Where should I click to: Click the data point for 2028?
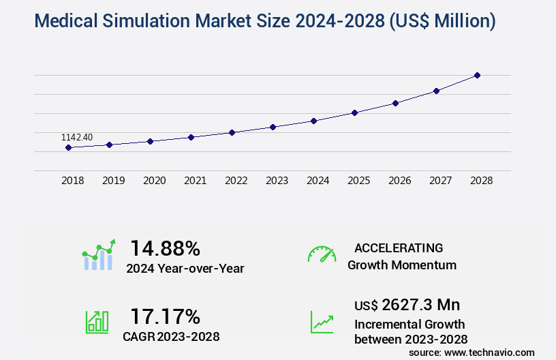[x=477, y=75]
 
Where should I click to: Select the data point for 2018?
[x=68, y=147]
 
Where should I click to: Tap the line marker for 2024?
[x=313, y=121]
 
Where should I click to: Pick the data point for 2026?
[x=395, y=103]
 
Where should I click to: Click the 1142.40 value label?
[x=77, y=137]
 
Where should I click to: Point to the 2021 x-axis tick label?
[x=195, y=181]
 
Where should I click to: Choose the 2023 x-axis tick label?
[x=277, y=181]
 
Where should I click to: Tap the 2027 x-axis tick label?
[x=440, y=181]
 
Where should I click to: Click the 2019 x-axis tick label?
[x=113, y=181]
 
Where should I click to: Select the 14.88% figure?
[x=165, y=247]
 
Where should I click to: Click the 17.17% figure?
[x=165, y=316]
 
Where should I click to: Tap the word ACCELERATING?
[x=399, y=247]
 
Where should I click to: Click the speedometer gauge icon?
[x=322, y=254]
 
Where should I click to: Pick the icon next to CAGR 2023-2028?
[x=97, y=321]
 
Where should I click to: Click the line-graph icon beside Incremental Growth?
[x=322, y=321]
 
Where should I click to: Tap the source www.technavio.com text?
[x=472, y=352]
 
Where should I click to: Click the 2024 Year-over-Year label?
[x=185, y=268]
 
